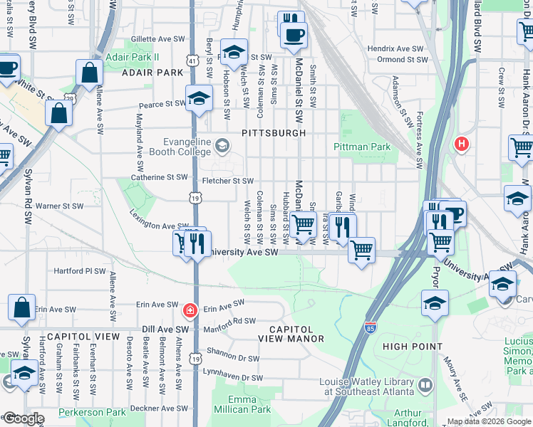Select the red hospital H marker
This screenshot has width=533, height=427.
[x=462, y=144]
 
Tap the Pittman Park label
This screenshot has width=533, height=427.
[x=362, y=147]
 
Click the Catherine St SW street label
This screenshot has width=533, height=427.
[x=159, y=177]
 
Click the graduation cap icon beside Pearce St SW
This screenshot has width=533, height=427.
[x=200, y=99]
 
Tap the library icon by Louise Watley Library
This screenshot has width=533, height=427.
[x=425, y=385]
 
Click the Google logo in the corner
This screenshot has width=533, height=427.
[x=24, y=419]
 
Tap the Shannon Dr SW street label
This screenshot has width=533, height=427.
[x=233, y=357]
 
